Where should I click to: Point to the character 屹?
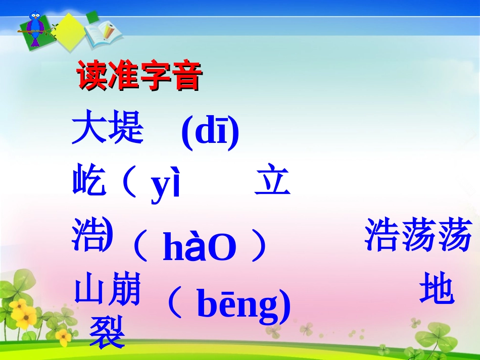tap(89, 182)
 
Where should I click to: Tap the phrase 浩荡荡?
tap(418, 235)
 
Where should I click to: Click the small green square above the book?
tap(92, 17)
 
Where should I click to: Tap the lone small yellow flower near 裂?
tap(63, 336)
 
